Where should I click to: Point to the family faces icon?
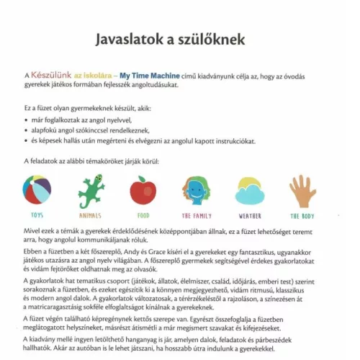tap(196, 190)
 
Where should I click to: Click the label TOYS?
tap(37, 215)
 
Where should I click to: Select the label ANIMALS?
tap(90, 215)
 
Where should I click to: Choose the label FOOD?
tap(143, 215)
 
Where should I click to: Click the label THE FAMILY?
tap(196, 215)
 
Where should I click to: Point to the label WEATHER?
tap(250, 215)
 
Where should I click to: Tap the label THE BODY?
tap(302, 215)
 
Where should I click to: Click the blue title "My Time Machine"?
tap(149, 76)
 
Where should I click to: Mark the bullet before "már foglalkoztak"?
tap(27, 119)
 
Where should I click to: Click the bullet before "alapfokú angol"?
tap(27, 130)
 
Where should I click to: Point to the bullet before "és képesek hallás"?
tap(27, 142)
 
